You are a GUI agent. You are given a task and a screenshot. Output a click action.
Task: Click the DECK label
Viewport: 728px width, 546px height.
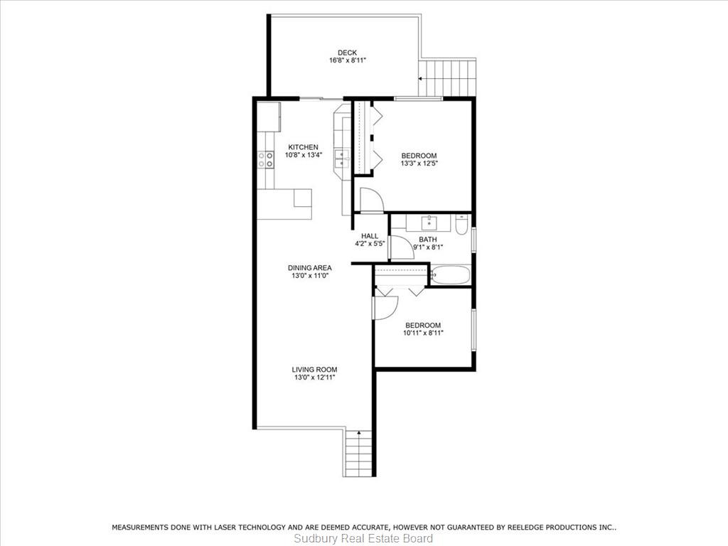(x=347, y=53)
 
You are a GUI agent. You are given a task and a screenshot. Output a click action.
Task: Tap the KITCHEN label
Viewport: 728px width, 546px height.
(x=303, y=147)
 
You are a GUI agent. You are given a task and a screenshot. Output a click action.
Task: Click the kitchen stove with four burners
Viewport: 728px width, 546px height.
(x=266, y=159)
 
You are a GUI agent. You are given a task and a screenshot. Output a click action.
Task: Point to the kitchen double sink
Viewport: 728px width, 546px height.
(x=342, y=159)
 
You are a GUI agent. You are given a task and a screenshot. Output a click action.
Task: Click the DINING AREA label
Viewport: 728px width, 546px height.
(x=310, y=268)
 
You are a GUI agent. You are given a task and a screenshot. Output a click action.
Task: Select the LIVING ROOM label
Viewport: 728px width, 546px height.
(x=314, y=370)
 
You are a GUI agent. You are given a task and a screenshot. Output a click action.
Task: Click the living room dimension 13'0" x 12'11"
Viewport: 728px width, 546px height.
(x=314, y=378)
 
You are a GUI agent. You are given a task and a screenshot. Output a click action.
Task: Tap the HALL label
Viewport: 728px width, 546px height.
(x=370, y=236)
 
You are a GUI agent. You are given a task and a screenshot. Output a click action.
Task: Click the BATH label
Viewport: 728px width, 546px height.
(x=427, y=240)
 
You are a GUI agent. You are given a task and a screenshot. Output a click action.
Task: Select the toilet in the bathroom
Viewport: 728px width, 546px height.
(x=461, y=225)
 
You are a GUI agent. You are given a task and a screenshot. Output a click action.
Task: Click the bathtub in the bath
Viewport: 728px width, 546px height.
(x=450, y=275)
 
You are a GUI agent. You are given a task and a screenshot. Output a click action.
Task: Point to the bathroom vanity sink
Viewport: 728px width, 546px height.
(x=429, y=223)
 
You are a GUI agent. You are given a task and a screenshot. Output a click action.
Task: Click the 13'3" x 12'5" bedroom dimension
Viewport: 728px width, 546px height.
(x=419, y=164)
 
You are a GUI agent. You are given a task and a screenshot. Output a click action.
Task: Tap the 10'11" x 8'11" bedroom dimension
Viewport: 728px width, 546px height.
(x=423, y=333)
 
